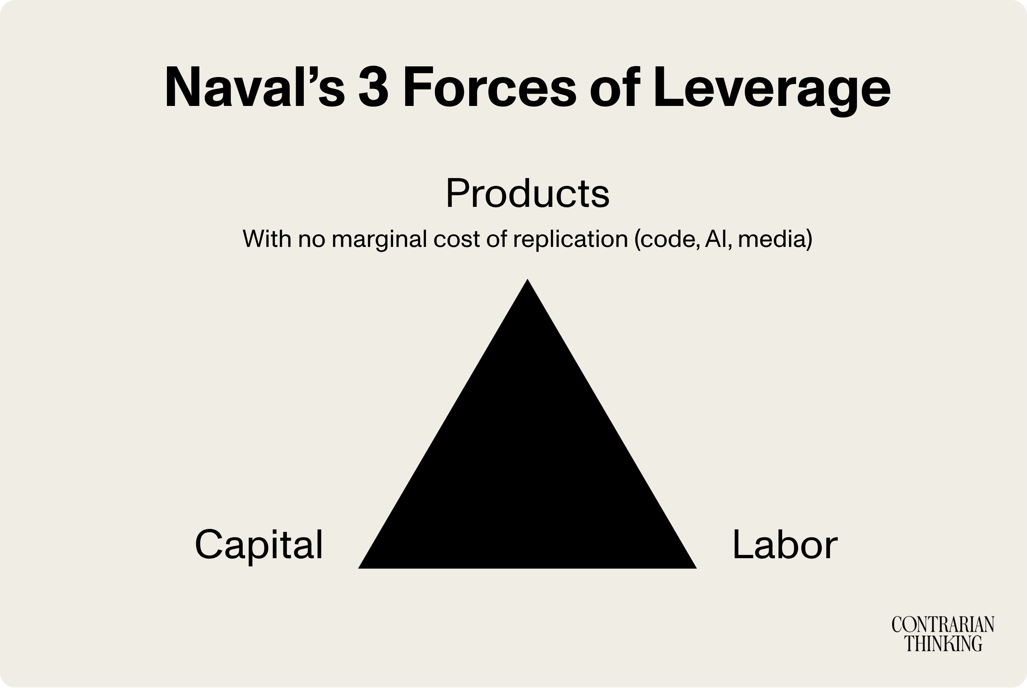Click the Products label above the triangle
pyautogui.click(x=527, y=194)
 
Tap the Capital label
pyautogui.click(x=259, y=545)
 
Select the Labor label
pyautogui.click(x=785, y=545)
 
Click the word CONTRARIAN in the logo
pyautogui.click(x=943, y=625)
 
